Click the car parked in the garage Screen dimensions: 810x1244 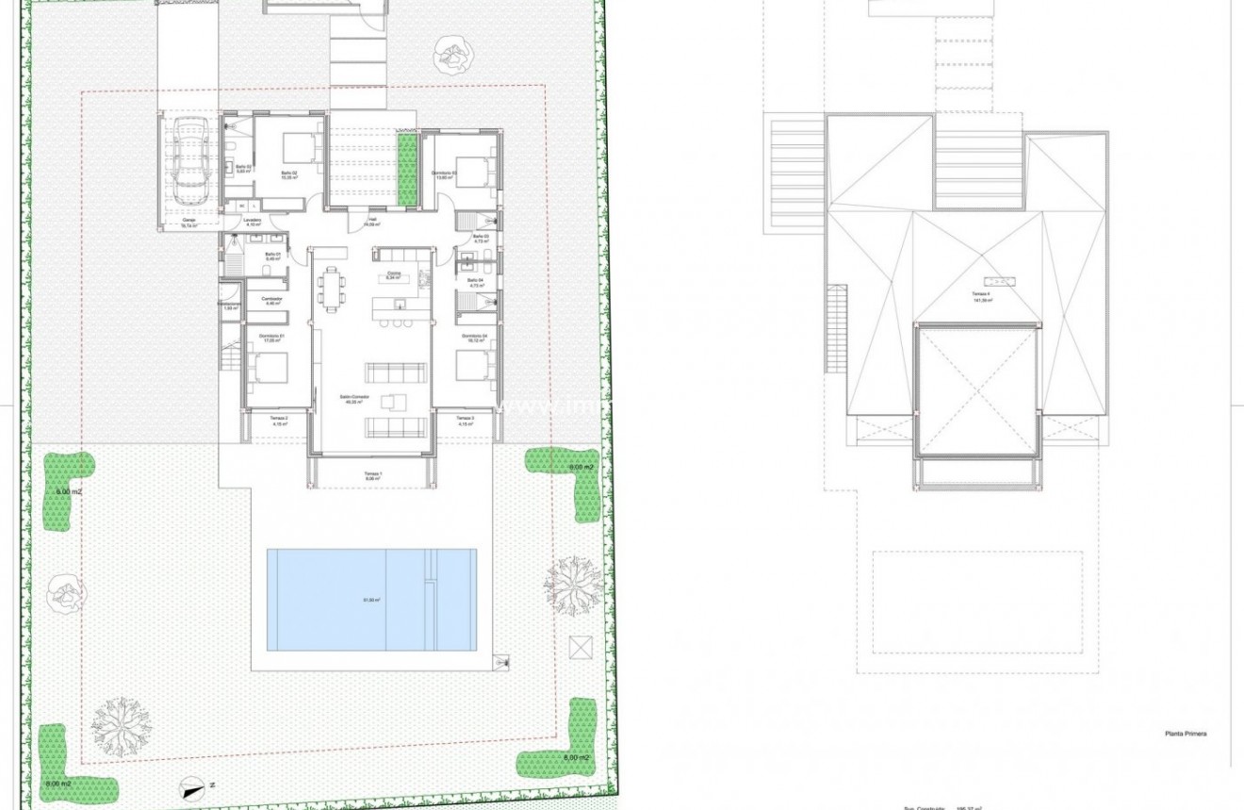191,164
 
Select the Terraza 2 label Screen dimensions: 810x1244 278,419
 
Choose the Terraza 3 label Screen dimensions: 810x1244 466,419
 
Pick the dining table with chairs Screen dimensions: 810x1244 331,288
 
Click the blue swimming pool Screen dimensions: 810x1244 371,600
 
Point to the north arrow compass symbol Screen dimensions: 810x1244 192,784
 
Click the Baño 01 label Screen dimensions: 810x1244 272,256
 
